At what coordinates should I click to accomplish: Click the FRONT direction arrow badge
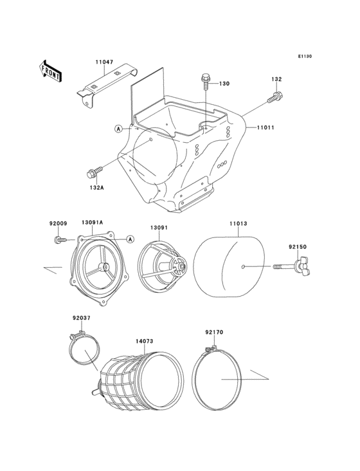point(51,70)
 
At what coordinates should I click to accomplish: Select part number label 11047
point(104,62)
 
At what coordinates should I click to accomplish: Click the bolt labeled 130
point(204,80)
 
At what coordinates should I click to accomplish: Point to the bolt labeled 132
point(274,98)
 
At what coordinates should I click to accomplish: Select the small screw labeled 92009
point(59,239)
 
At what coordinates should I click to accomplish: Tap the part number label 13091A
point(92,222)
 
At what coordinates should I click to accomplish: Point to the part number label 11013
point(239,225)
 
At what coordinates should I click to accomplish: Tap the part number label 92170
point(215,333)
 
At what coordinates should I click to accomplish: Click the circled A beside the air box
point(118,129)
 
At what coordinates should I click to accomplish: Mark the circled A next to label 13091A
point(130,239)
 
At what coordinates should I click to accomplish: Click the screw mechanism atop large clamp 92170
point(206,349)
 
